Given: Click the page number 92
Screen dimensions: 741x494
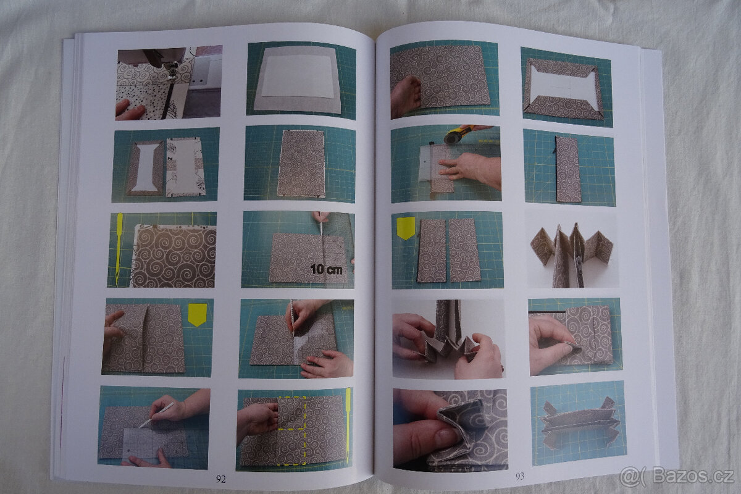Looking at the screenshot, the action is click(220, 479).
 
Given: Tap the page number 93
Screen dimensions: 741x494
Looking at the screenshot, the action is click(520, 476).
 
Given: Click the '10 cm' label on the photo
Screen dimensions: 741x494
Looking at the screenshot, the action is click(326, 269).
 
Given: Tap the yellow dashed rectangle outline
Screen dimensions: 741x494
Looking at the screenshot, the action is click(291, 430).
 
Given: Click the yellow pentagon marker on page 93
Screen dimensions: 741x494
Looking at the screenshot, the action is click(406, 228).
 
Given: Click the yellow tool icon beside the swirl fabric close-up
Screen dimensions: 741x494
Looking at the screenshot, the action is click(119, 249).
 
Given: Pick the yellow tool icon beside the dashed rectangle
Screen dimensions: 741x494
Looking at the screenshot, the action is click(348, 425).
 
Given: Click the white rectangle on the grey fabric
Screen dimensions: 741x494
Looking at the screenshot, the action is click(298, 77).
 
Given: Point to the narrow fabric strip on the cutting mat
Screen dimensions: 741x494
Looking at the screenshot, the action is click(568, 169).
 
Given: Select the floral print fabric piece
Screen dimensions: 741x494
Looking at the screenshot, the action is click(185, 167).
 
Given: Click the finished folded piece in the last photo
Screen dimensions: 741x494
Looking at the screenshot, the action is click(580, 424).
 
